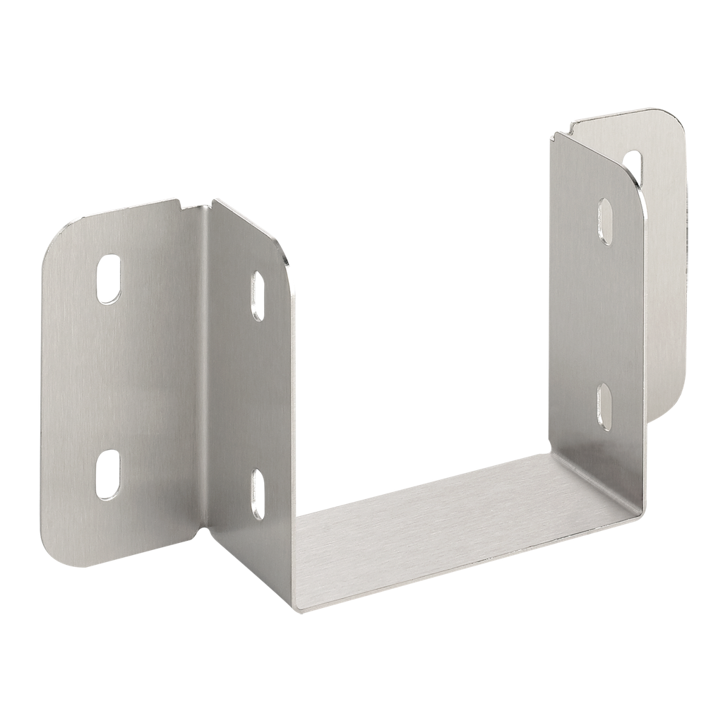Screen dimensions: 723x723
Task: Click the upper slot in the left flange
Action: click(108, 279)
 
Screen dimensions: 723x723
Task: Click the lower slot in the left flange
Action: click(108, 474)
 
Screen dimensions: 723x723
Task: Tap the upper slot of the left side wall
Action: click(258, 296)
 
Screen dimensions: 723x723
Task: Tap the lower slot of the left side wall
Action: click(258, 494)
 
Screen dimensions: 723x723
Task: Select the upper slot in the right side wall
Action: click(605, 221)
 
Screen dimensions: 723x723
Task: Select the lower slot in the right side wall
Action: click(604, 407)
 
